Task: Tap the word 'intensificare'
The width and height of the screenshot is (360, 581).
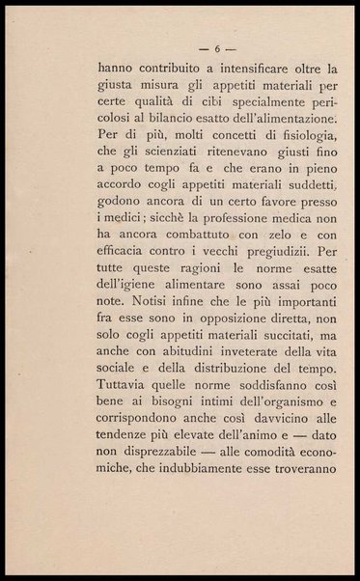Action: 253,69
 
